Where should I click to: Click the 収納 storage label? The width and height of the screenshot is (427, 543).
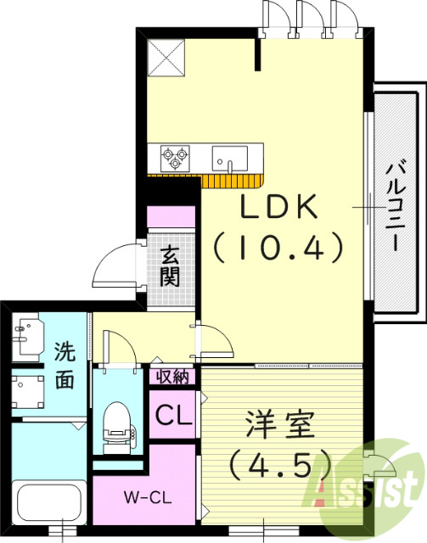click(173, 376)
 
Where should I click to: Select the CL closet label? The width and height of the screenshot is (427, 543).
click(173, 417)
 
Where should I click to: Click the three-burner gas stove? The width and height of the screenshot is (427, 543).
click(176, 157)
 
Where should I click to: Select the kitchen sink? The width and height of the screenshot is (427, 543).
click(230, 158)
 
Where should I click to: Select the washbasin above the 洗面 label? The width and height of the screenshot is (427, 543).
click(29, 333)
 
